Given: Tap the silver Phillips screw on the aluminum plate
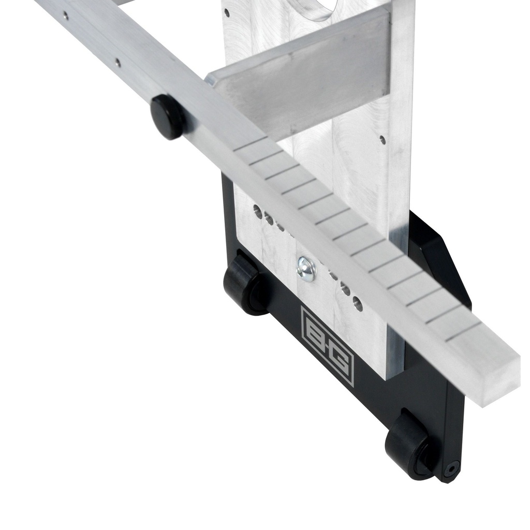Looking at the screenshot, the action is click(306, 269).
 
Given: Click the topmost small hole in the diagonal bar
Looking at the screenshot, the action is click(66, 15).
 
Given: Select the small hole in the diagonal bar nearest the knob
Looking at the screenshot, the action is click(117, 62).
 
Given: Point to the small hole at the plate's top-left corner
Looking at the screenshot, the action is click(227, 13).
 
